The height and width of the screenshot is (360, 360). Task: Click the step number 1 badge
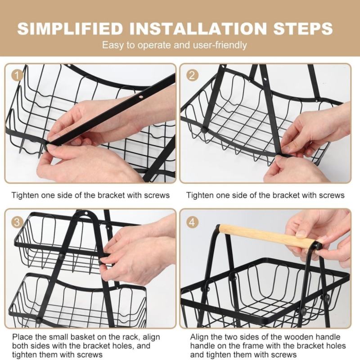point(17,76)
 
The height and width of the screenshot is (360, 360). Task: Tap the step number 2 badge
point(192,76)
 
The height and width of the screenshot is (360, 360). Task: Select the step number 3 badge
point(17,222)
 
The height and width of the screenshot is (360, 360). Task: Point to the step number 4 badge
point(192,222)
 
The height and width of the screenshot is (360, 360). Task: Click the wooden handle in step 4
point(265,237)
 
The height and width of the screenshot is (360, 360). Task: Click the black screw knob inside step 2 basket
point(203,130)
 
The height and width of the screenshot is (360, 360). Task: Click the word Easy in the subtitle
point(110,45)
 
